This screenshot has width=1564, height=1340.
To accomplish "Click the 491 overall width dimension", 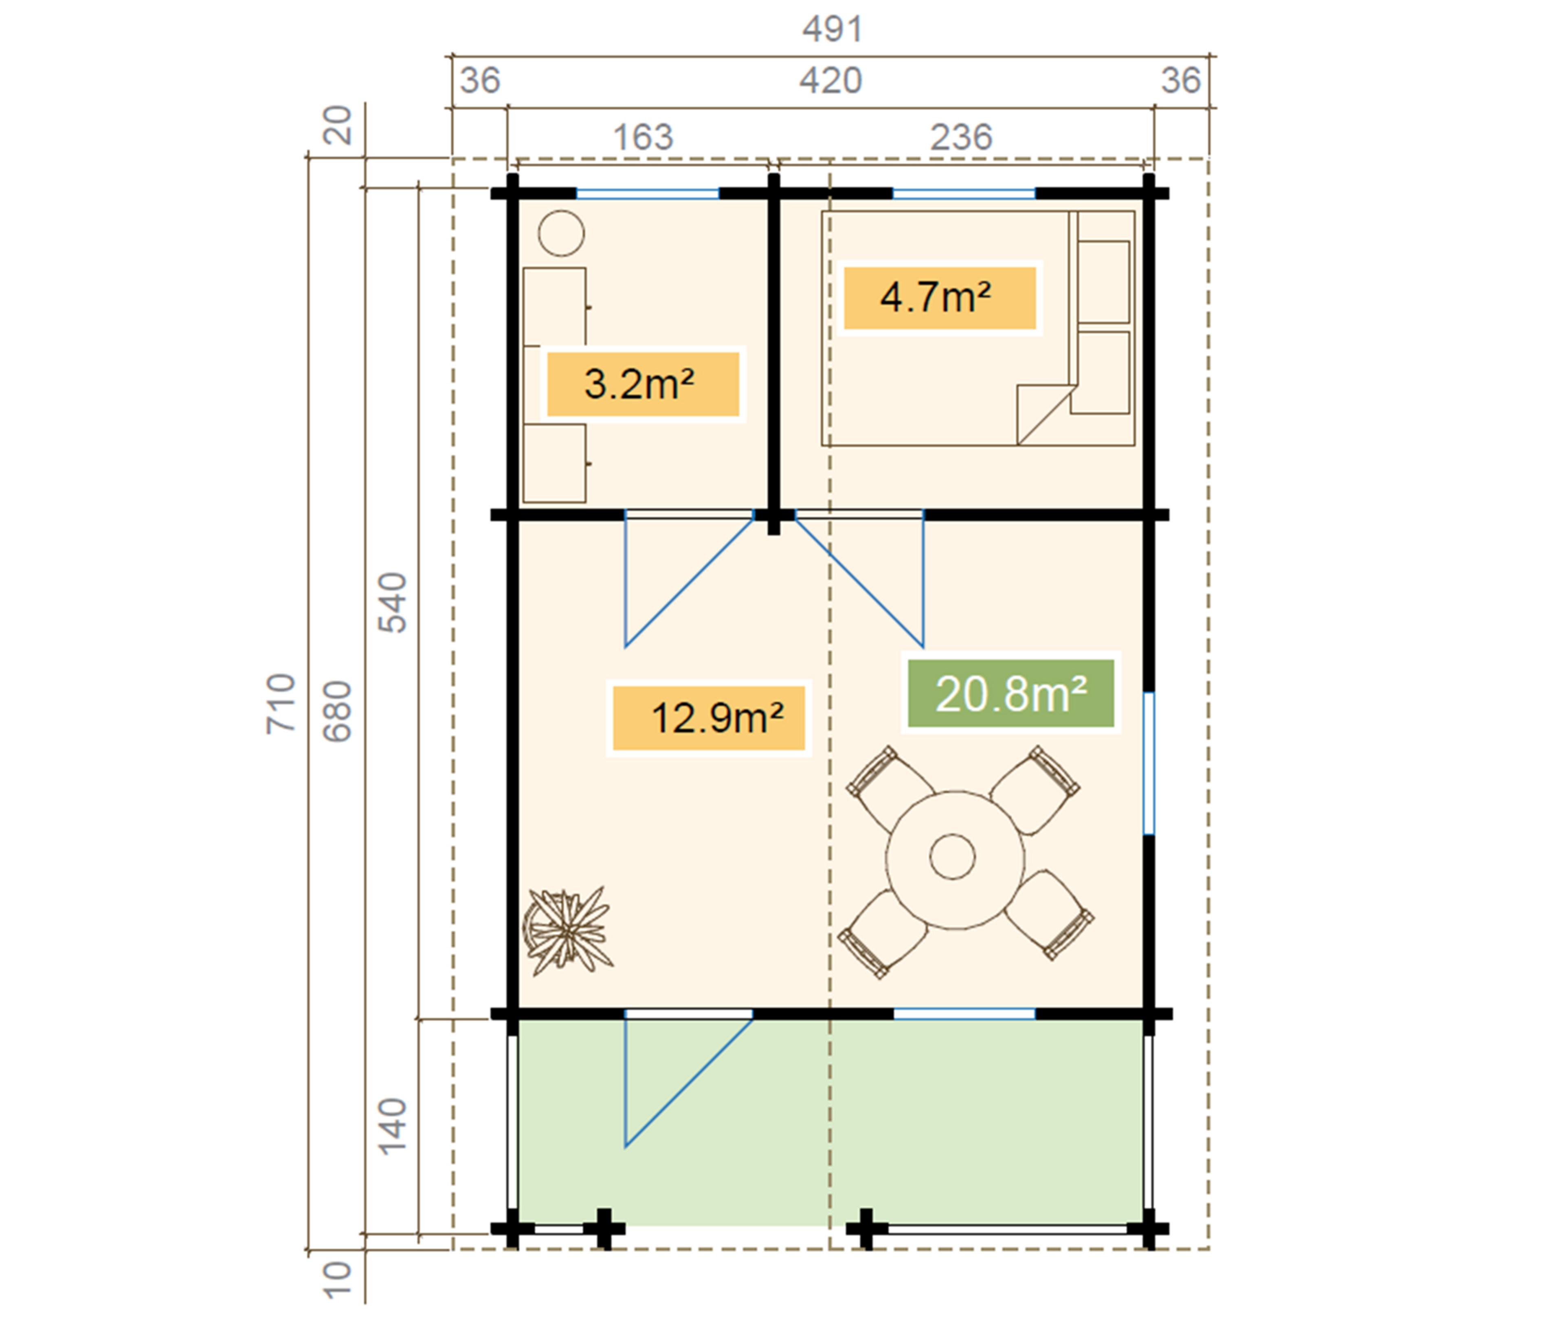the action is (x=832, y=29).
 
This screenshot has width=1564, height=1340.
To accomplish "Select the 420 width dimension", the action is (x=830, y=81).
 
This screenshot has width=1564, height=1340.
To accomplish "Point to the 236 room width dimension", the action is (x=961, y=137).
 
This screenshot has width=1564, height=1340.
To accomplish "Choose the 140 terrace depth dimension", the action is (x=393, y=1127).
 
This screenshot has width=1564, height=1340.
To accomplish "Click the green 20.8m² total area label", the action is (x=1011, y=693).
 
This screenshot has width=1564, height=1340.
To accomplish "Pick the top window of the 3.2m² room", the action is (x=648, y=194).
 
